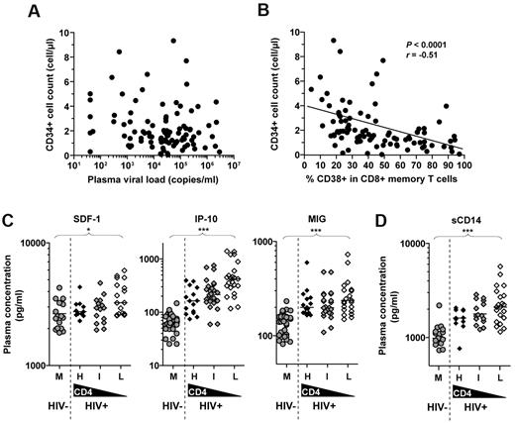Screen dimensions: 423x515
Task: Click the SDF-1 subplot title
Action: [x=95, y=223]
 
